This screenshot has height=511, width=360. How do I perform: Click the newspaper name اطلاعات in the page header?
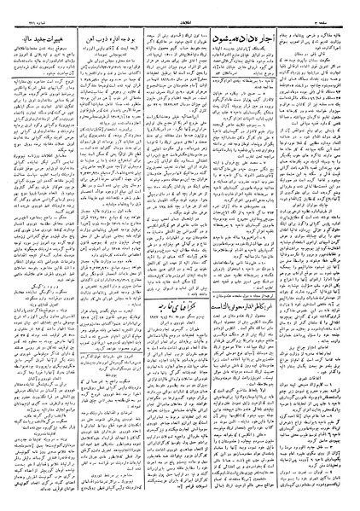[180, 12]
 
